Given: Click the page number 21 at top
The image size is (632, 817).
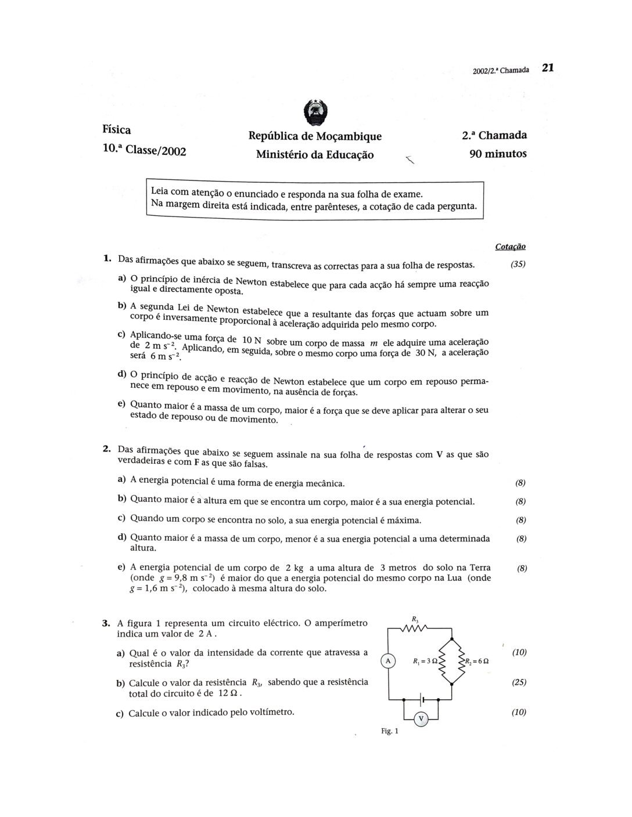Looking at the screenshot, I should click(x=548, y=67).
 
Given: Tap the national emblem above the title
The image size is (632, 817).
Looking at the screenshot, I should click(x=316, y=113).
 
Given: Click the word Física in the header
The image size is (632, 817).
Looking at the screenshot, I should click(x=117, y=129).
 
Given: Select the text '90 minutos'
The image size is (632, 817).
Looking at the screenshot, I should click(x=498, y=154).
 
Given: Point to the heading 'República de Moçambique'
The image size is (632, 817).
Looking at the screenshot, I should click(x=315, y=136).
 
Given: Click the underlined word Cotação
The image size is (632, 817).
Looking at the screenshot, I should click(x=510, y=247).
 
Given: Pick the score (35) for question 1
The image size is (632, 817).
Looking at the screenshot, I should click(x=518, y=265).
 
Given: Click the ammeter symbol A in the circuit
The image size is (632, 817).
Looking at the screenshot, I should click(x=388, y=660).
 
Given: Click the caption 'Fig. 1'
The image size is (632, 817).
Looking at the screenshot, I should click(x=390, y=732).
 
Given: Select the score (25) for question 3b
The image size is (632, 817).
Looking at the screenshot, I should click(x=519, y=682).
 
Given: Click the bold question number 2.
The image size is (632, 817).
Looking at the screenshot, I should click(x=106, y=448).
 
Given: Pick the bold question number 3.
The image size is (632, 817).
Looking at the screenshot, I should click(x=106, y=624).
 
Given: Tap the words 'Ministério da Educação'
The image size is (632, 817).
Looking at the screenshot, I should click(x=315, y=155).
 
